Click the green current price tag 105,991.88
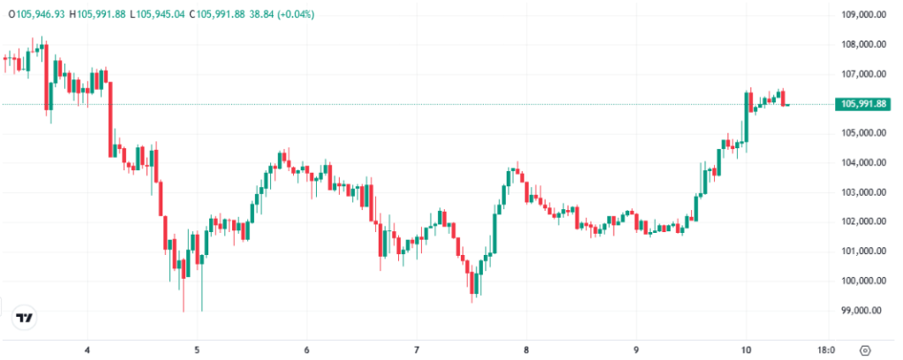click(864, 104)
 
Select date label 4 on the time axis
click(88, 349)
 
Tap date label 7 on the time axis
click(417, 349)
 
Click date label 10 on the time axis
click(746, 349)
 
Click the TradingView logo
click(26, 319)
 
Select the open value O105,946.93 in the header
click(35, 15)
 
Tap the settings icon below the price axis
click(865, 349)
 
